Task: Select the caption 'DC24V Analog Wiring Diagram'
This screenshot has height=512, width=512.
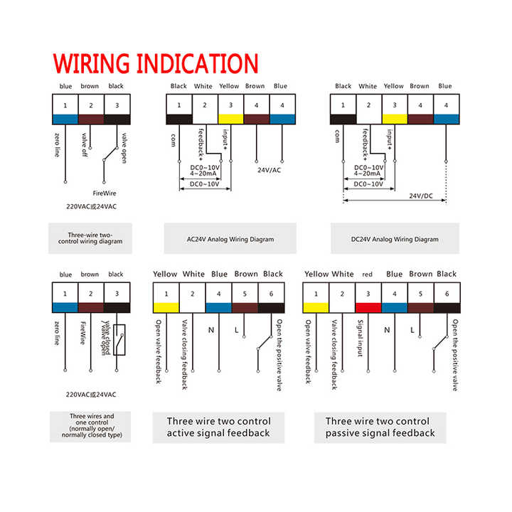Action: coord(395,240)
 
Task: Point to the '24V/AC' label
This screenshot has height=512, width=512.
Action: coord(268,170)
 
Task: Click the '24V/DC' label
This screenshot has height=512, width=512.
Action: coord(421,196)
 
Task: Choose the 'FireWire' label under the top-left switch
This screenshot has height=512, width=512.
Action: coord(104,193)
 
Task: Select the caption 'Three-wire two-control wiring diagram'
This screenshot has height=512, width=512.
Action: coord(90,238)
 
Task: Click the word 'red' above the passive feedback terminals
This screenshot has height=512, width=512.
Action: coord(367,274)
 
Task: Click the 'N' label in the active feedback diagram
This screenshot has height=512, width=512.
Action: coord(210,330)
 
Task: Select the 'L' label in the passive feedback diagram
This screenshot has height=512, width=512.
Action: coord(412,330)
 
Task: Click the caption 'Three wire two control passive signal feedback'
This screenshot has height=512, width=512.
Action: coord(380,427)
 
